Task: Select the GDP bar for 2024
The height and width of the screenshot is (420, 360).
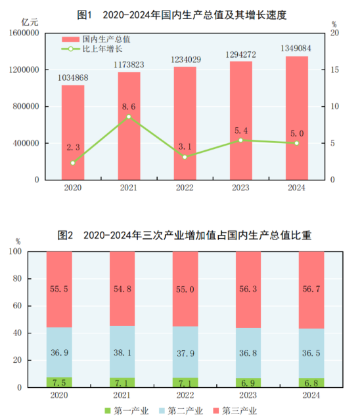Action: (x=296, y=118)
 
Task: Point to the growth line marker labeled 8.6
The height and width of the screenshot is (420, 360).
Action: (x=129, y=116)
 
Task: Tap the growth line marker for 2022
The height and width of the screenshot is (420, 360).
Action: (x=185, y=157)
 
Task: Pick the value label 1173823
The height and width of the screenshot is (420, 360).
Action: (x=129, y=64)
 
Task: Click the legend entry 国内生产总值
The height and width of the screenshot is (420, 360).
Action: (x=99, y=39)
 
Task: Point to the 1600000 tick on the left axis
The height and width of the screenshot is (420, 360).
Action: (x=23, y=33)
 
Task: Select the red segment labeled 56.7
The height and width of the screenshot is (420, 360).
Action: (x=311, y=289)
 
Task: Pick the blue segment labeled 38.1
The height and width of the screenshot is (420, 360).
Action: (x=122, y=352)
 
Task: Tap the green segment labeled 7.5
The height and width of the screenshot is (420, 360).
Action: (x=59, y=382)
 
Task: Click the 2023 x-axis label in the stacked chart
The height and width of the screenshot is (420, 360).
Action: (x=248, y=395)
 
